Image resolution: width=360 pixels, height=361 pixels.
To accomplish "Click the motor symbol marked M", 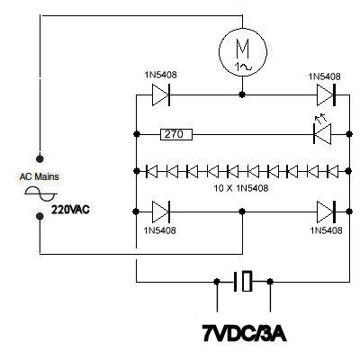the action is click(243, 52).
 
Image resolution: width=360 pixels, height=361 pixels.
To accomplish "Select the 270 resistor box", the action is click(176, 134).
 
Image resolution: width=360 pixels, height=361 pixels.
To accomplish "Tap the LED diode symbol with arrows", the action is click(322, 131).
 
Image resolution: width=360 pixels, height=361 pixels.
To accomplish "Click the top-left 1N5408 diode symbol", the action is click(161, 95).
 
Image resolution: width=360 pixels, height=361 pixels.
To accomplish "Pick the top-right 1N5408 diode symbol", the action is click(326, 95).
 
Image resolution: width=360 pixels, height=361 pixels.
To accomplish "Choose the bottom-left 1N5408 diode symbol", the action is click(161, 212).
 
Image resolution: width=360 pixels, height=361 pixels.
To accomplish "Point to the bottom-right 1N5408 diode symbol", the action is click(326, 212).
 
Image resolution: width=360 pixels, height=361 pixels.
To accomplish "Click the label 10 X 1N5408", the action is click(241, 188).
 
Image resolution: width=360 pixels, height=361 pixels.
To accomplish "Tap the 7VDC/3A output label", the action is click(244, 333).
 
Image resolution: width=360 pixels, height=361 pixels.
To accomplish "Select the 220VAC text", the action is click(70, 210).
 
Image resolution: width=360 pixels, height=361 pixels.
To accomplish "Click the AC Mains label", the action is click(39, 176).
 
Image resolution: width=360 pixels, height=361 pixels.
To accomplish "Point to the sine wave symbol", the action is click(41, 194).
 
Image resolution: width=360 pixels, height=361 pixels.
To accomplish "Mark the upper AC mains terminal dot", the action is click(40, 158).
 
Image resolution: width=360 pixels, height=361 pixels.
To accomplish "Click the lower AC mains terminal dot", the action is click(40, 216).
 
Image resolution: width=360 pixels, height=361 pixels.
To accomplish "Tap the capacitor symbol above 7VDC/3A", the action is click(243, 282).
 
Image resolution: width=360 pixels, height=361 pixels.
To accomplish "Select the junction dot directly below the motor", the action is click(242, 95).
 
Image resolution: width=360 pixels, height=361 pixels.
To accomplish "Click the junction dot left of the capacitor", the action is click(217, 282).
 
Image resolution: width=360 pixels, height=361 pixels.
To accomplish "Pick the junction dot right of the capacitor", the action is click(270, 282).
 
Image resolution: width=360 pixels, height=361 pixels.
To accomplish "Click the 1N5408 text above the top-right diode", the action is click(324, 77).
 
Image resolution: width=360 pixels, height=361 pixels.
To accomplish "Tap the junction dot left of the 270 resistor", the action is click(137, 134).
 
